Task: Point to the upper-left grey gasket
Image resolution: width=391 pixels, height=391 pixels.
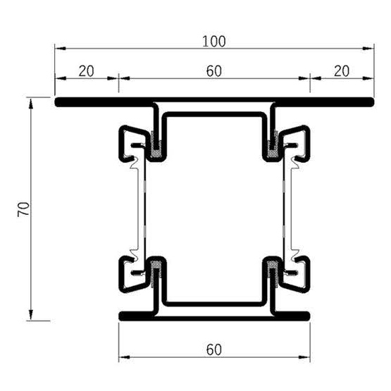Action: [x=156, y=148]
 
